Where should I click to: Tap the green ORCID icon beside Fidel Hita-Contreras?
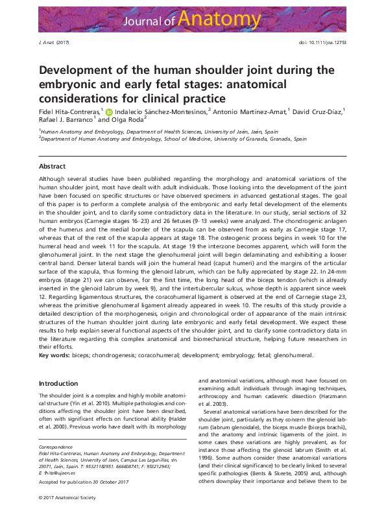(109, 112)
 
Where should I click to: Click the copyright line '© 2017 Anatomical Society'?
(67, 497)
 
